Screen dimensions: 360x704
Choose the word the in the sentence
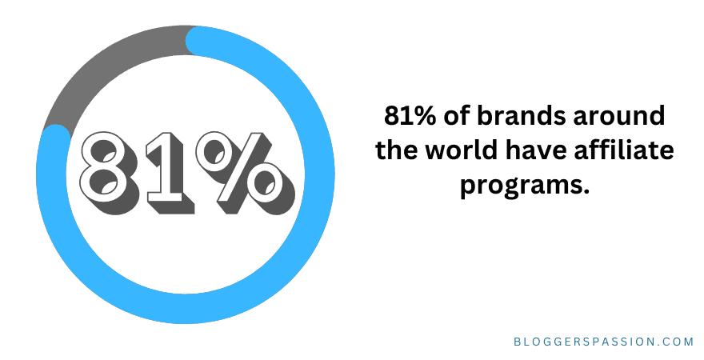(398, 152)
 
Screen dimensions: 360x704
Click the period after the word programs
(585, 192)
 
